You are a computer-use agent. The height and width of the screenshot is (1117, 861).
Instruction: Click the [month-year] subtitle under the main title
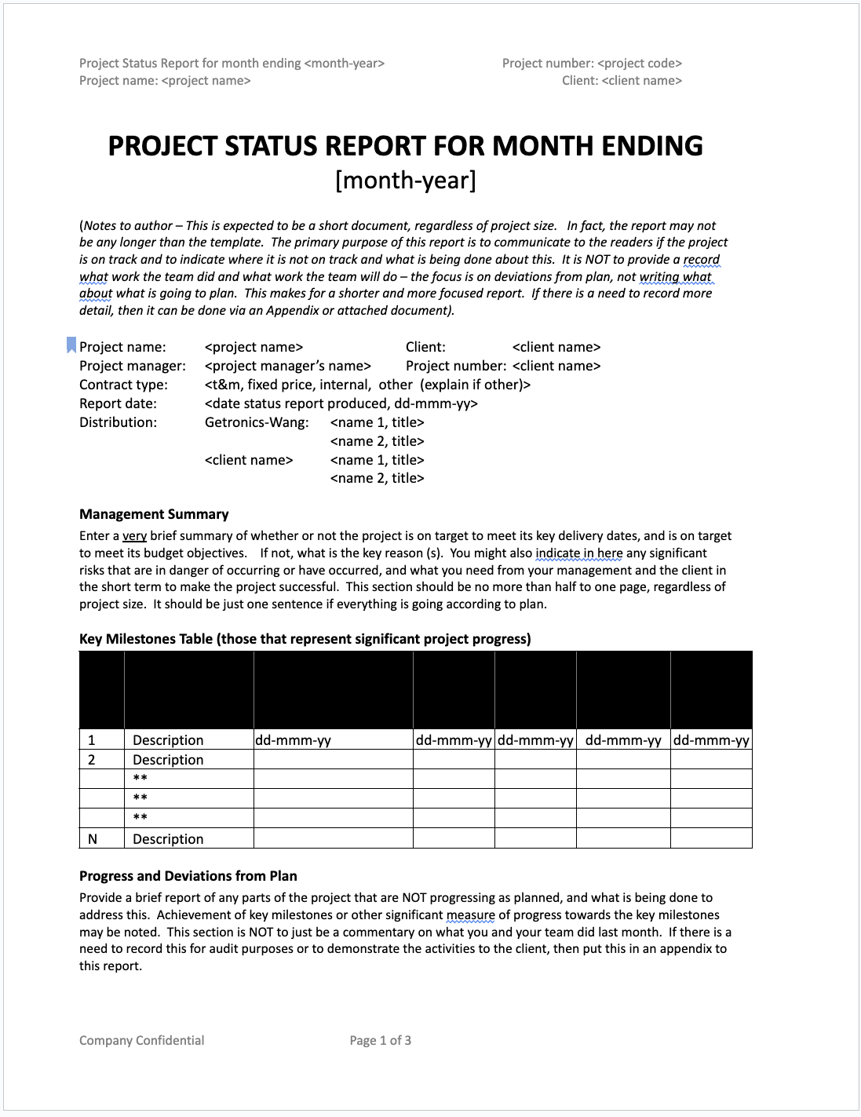tap(405, 181)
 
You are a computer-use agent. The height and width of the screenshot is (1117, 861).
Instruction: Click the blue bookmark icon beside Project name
tap(71, 345)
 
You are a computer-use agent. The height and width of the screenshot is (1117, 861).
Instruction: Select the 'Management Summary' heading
tap(154, 514)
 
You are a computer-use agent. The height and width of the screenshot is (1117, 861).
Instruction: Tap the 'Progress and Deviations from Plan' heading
tap(188, 876)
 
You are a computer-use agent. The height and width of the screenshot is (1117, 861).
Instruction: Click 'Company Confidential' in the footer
tap(141, 1040)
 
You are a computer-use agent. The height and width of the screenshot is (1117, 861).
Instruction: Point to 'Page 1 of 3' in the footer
tap(380, 1040)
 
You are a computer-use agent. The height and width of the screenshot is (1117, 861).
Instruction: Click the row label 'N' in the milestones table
tap(93, 839)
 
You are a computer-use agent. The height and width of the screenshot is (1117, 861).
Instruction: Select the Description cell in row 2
tap(168, 760)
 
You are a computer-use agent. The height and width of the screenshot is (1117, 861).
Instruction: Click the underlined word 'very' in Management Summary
tap(134, 536)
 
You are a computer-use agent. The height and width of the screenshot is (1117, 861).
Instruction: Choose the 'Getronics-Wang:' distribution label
tap(257, 422)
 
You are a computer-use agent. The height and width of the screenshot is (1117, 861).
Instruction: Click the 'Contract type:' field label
tap(123, 385)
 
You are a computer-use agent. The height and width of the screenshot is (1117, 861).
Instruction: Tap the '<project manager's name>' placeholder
tap(287, 366)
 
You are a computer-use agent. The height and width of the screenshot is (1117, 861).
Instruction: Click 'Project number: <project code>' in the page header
tap(592, 64)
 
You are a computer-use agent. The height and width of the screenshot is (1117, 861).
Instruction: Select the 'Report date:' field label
tap(118, 403)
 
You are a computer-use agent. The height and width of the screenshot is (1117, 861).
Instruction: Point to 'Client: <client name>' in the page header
tap(622, 81)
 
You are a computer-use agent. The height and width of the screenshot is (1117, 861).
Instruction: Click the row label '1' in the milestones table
tap(92, 740)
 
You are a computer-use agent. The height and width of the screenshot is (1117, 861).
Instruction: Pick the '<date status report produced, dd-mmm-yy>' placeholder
tap(341, 403)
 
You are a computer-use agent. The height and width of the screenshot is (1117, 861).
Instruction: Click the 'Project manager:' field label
tap(133, 366)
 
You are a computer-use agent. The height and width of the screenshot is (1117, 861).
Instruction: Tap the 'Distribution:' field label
tap(118, 422)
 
